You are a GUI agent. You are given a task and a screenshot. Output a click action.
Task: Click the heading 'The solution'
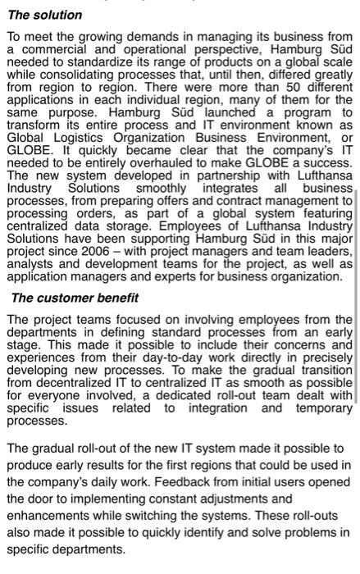click(x=45, y=15)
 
